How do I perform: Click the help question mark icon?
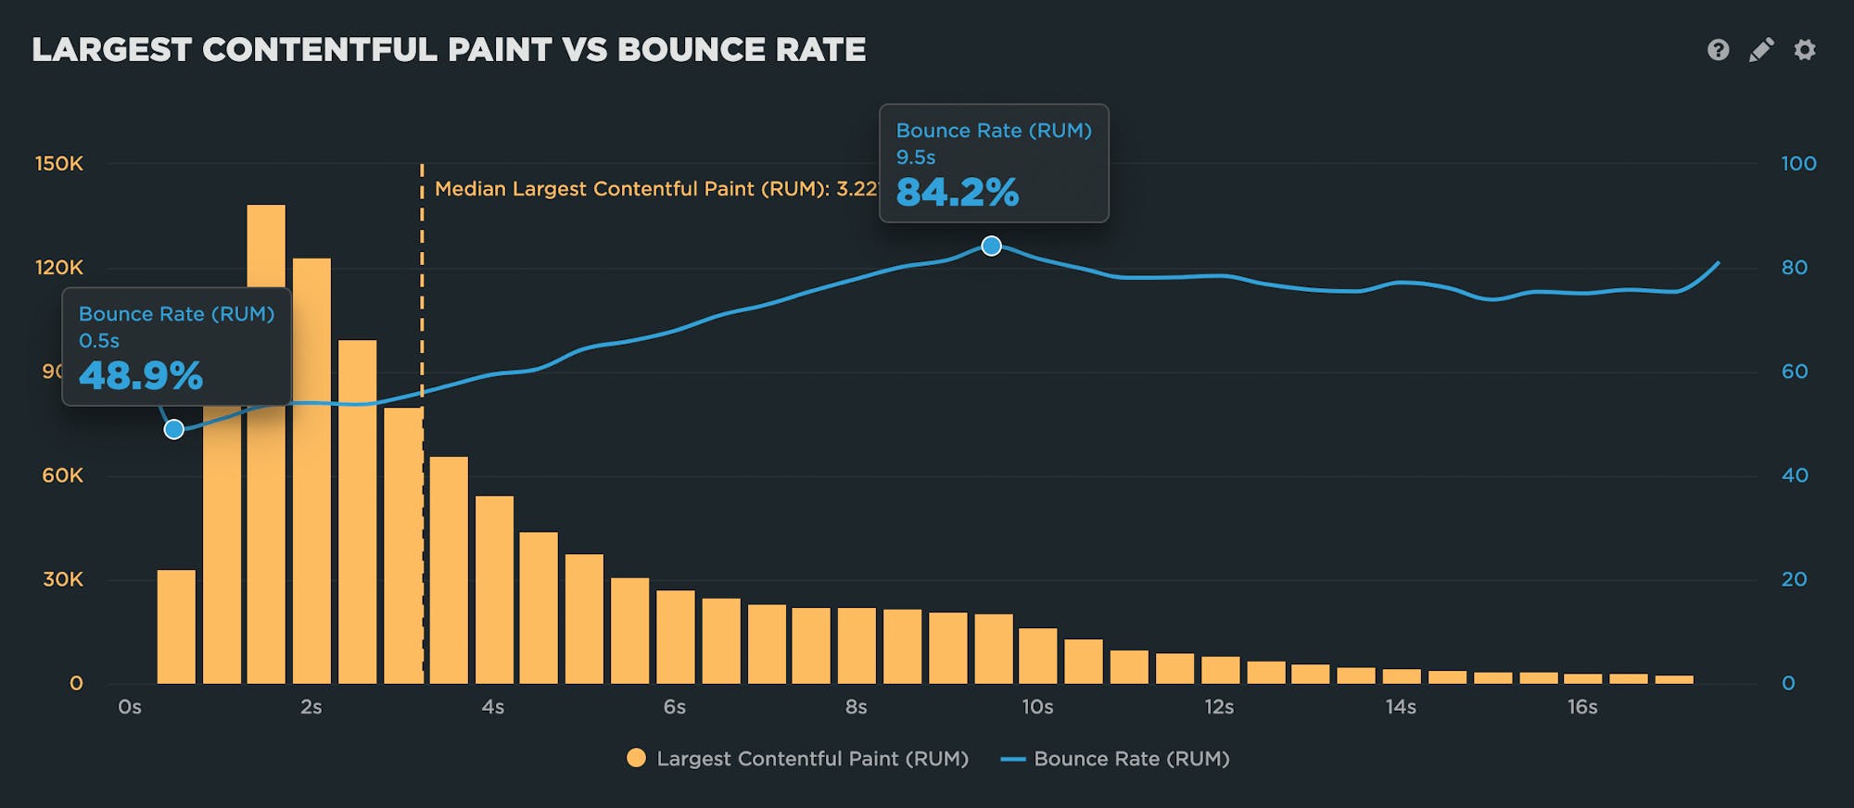click(x=1718, y=50)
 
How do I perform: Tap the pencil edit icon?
click(x=1761, y=50)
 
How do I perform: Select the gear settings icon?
click(x=1804, y=50)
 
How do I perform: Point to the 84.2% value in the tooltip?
click(x=957, y=193)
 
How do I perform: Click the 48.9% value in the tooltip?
click(x=141, y=376)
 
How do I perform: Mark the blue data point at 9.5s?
click(x=991, y=246)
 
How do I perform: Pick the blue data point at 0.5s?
click(x=173, y=429)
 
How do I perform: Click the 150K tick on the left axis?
click(x=59, y=164)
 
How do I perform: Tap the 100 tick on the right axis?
click(x=1797, y=164)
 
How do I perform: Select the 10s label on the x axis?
click(x=1037, y=707)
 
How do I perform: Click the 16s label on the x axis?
click(x=1582, y=707)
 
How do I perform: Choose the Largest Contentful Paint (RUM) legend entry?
click(x=797, y=759)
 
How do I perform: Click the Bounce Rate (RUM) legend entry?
click(x=1116, y=759)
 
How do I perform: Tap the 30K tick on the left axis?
click(x=63, y=579)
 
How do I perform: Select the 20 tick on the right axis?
click(x=1794, y=579)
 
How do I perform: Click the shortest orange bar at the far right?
click(x=1674, y=679)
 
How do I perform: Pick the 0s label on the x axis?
click(x=130, y=707)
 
